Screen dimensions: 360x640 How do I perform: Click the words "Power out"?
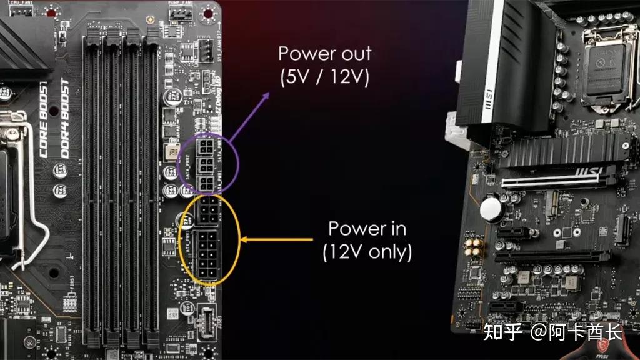tap(324, 53)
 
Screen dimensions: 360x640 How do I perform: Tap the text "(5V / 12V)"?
tap(324, 77)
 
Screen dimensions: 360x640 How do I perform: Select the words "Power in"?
tap(367, 229)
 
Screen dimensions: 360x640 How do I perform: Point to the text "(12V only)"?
tap(367, 252)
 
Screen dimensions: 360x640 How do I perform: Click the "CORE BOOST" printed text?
tap(45, 119)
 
